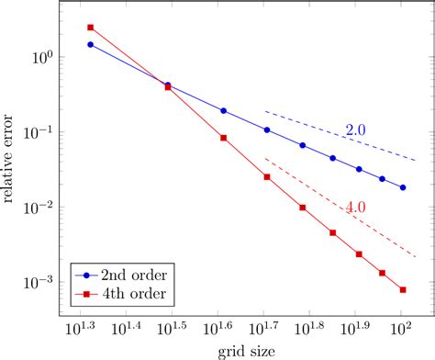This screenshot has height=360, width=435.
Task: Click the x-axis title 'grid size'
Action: [x=241, y=352]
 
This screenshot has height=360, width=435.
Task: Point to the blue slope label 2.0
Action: [x=356, y=130]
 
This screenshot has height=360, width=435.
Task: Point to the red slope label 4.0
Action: [x=356, y=208]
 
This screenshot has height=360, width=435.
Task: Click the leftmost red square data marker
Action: [x=90, y=28]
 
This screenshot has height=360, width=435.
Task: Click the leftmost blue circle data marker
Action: [x=90, y=44]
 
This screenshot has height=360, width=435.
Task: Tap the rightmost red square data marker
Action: [x=403, y=290]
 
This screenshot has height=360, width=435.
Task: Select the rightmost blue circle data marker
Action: [x=403, y=187]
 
